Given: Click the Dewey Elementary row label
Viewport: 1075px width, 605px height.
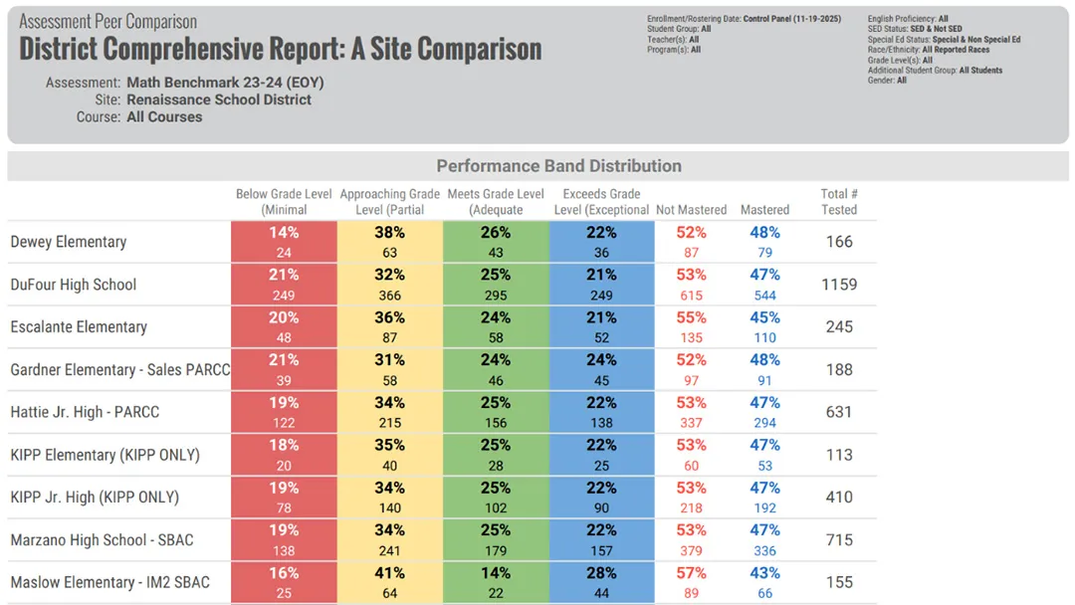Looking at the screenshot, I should point(69,242).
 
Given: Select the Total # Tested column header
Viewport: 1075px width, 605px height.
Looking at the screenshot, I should point(839,202).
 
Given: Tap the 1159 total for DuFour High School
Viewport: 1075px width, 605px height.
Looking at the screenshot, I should point(839,285).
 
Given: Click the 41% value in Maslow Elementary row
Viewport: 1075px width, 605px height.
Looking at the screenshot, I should point(389,573).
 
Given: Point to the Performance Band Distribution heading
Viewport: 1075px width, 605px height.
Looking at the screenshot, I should point(558,166).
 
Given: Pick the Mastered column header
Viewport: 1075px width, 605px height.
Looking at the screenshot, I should point(764,210).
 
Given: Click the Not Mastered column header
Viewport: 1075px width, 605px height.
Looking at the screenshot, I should point(691,210).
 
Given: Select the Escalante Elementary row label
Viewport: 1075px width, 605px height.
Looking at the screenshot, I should point(79,327).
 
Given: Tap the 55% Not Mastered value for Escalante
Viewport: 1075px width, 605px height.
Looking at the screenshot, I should point(691,317).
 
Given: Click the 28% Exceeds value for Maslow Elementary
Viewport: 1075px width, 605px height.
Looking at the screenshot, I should point(601,573).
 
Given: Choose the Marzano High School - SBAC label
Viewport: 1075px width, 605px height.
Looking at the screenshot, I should point(102,540).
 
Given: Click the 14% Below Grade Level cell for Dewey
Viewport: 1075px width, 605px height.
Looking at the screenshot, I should point(284,233).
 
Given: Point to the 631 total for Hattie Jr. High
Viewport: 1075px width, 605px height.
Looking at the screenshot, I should point(839,412).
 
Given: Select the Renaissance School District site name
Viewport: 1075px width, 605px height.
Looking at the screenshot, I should point(219,100).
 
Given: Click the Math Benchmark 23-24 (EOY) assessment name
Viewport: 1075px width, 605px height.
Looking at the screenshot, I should point(225,83).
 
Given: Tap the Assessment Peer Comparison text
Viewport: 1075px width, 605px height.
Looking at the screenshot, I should point(108,22).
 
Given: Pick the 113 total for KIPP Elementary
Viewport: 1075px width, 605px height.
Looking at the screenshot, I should point(839,455).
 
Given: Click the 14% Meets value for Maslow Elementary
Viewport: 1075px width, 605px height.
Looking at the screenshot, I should point(496,573).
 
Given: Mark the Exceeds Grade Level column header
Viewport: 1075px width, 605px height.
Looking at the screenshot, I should point(601,202).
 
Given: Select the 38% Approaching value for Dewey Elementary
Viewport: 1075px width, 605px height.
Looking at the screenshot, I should point(389,233).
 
